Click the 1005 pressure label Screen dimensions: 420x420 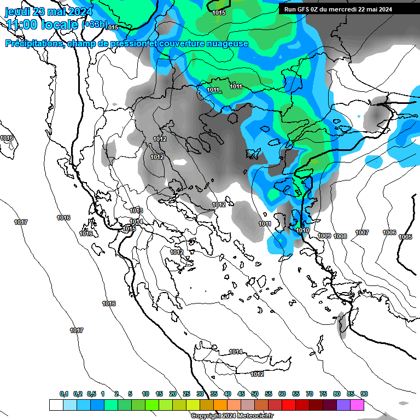405,237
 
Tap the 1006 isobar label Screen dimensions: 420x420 389,233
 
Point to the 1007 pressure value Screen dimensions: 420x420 362,233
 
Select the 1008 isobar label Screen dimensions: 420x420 340,236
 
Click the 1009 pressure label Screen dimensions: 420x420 324,236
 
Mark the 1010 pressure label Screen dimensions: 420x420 303,231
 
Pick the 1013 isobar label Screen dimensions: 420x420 136,211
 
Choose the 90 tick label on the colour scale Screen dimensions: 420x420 364,394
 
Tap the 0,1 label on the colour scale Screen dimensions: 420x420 64,394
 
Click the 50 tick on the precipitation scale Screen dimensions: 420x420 255,394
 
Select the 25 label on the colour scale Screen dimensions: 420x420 186,394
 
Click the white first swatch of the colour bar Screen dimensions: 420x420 56,405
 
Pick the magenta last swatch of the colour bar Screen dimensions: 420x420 357,405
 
